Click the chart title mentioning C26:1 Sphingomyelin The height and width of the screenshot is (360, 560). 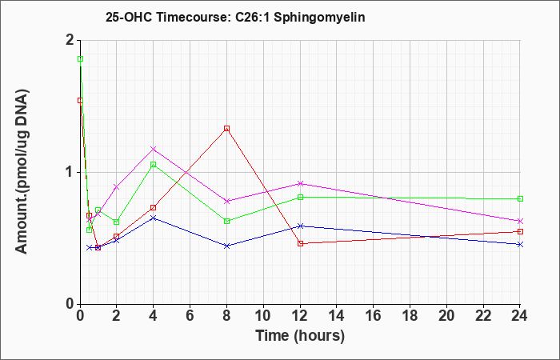point(235,17)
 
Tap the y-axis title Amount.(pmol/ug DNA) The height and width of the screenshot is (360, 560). point(22,172)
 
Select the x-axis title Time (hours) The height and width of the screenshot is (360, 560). point(300,336)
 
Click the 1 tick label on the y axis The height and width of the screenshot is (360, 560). point(70,173)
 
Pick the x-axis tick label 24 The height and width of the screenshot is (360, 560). point(519,315)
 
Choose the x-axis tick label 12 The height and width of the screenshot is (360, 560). point(300,315)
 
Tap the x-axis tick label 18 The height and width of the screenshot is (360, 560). point(410,315)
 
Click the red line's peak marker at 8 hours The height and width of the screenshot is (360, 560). point(226,129)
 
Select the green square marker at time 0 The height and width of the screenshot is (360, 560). point(81,59)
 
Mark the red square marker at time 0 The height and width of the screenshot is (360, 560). point(81,101)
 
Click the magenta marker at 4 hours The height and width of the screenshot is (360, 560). point(154,149)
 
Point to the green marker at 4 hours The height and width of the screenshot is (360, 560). point(154,165)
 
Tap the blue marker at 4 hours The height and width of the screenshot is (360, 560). point(154,218)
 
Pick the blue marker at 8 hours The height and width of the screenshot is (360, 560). point(226,246)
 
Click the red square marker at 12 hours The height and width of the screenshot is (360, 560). point(300,243)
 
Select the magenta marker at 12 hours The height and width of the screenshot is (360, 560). point(300,183)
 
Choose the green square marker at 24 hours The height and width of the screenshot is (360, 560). point(520,199)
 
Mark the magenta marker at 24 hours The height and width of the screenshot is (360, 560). point(520,221)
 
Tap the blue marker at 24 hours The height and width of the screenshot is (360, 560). point(520,244)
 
